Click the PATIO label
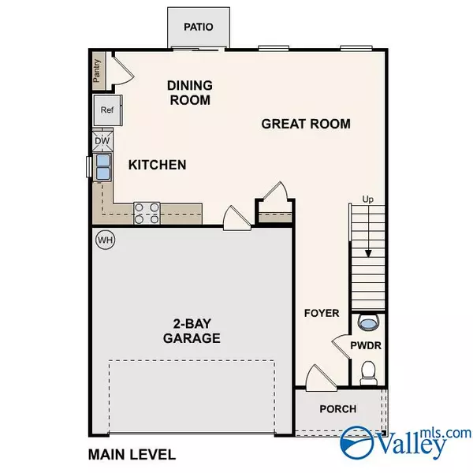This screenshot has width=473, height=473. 199,26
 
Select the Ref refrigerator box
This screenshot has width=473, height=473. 106,110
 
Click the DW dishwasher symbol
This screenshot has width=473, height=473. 102,141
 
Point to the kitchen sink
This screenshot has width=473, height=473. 102,166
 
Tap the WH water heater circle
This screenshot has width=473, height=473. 105,240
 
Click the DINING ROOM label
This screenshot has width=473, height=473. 189,92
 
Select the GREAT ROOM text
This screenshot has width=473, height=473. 306,124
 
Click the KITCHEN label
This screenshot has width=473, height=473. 158,165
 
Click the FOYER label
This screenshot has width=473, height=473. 322,313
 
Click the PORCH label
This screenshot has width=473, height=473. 337,409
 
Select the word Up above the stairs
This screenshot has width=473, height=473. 367,199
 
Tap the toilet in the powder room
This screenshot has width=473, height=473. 367,371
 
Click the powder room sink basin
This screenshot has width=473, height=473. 367,322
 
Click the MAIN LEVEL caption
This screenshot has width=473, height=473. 132,455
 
